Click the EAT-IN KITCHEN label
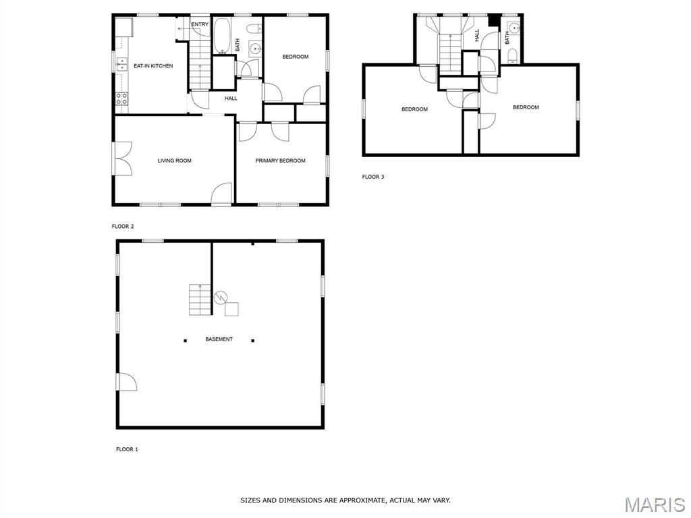(153, 66)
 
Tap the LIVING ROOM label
(175, 161)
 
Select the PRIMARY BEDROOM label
(280, 161)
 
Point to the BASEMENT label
(219, 339)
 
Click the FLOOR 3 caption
(373, 177)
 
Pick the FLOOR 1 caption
(127, 449)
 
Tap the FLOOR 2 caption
(123, 227)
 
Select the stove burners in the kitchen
(121, 99)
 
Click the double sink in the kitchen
(121, 64)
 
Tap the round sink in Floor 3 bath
(514, 29)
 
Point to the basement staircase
(200, 300)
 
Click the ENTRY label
(200, 24)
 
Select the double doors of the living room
(123, 159)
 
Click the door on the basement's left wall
(127, 382)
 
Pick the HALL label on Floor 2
(231, 98)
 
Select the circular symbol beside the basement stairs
(221, 297)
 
